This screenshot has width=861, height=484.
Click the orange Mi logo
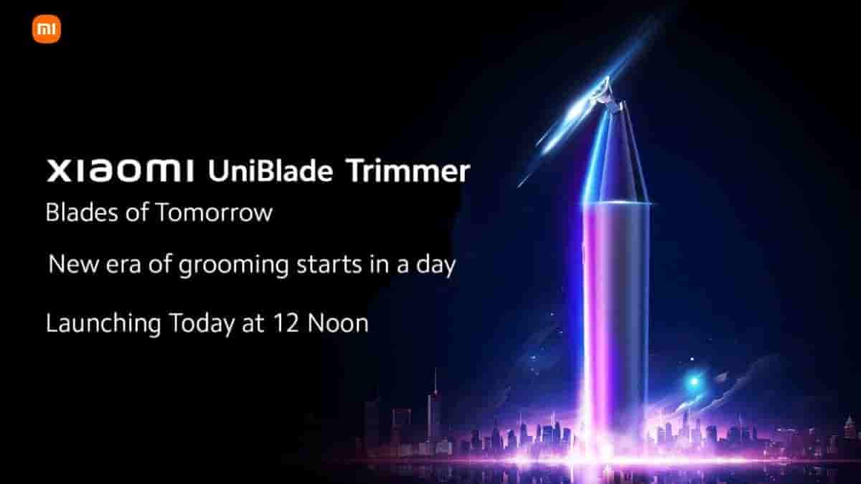[x=47, y=29]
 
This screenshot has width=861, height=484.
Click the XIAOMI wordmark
[x=121, y=171]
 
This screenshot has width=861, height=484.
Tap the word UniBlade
[x=270, y=171]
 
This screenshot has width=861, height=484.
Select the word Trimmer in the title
[x=408, y=171]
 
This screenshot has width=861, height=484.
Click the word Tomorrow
[x=214, y=212]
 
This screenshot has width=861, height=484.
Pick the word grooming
[x=233, y=266]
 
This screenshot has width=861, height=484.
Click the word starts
[x=329, y=265]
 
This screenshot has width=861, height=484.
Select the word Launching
[x=103, y=324]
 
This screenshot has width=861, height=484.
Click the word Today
[x=202, y=324]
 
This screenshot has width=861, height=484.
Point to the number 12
[x=286, y=323]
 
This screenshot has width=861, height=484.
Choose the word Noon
[x=338, y=323]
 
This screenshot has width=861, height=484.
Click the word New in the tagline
[x=73, y=265]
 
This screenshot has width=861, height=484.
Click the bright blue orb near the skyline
[x=694, y=381]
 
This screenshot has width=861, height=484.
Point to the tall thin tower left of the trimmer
[x=435, y=407]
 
